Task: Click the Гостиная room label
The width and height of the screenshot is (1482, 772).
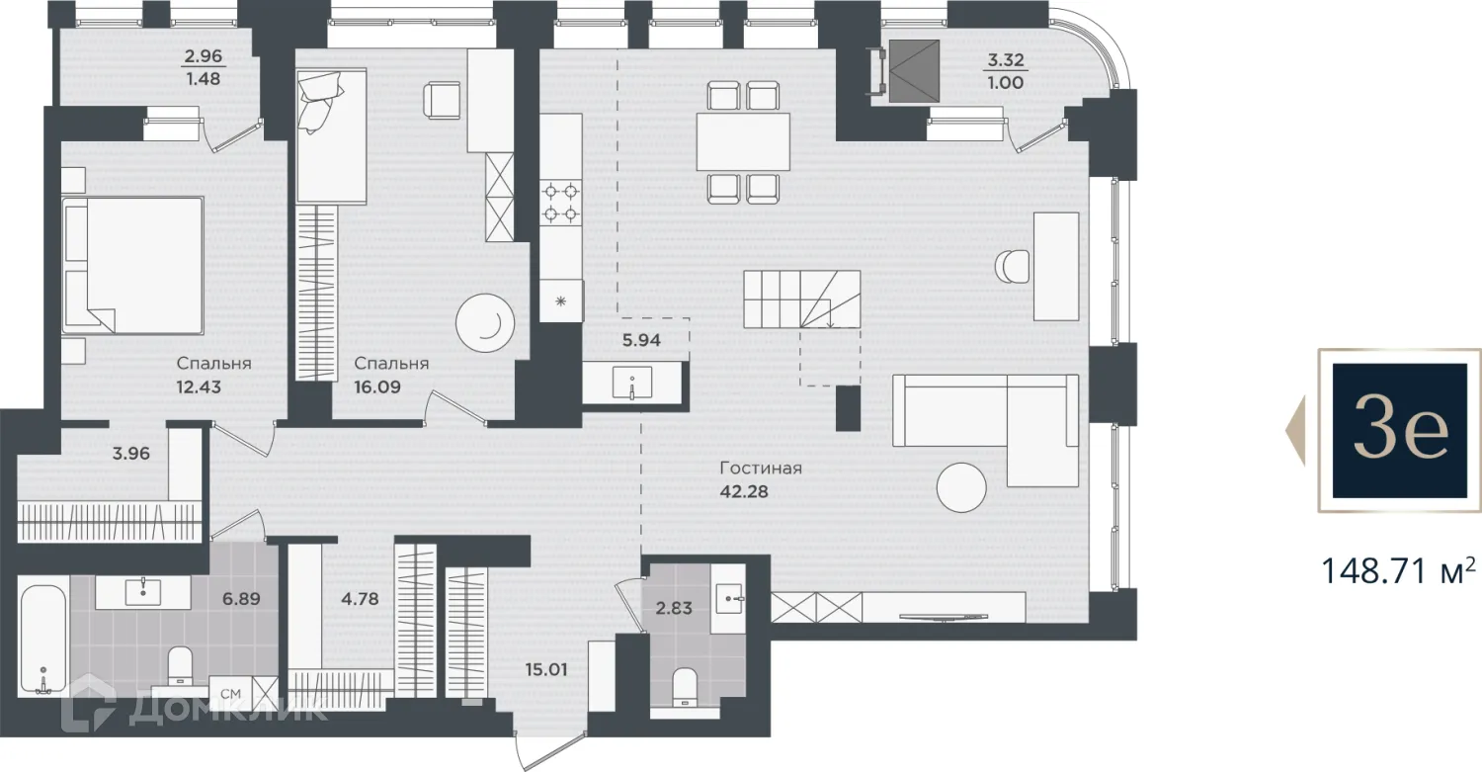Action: point(761,469)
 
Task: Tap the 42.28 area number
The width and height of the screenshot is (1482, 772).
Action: point(744,492)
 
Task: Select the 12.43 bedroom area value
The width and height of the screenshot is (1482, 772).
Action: point(199,386)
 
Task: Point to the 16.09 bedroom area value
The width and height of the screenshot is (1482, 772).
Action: point(377,386)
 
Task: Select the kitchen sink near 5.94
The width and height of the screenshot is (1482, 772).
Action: point(632,383)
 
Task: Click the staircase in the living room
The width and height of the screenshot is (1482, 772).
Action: point(802,300)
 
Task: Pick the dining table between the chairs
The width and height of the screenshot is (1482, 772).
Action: point(743,141)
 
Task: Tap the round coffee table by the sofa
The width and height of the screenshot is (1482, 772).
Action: point(961,487)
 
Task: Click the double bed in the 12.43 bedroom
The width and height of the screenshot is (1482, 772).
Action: point(133,265)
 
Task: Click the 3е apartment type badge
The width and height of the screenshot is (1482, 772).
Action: point(1399,430)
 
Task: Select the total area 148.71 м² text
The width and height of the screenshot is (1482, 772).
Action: point(1398,571)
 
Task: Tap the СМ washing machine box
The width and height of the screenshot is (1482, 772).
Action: point(231,694)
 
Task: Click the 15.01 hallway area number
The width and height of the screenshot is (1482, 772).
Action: point(546,669)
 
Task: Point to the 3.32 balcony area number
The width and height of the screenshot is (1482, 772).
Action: point(1006,60)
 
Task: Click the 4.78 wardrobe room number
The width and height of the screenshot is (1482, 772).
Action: point(360,599)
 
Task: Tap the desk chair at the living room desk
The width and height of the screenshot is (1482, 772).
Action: point(1013,266)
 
